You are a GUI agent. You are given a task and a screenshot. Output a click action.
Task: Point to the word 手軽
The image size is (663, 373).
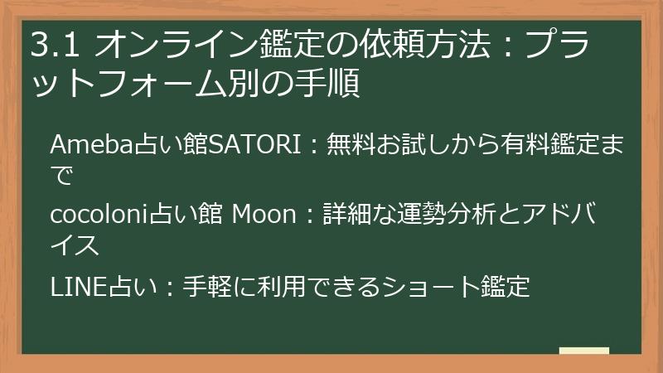[194, 286]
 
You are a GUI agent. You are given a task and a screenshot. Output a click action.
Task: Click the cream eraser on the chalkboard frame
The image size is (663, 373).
[583, 350]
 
